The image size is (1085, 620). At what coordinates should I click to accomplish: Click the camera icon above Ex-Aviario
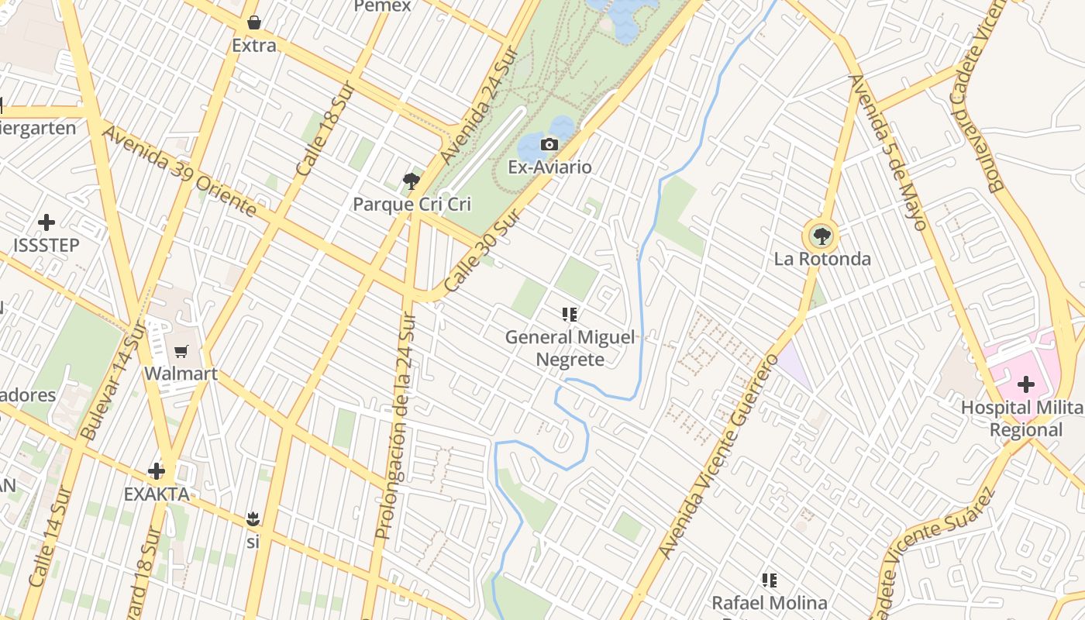click(549, 144)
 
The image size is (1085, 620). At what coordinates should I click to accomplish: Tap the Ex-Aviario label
click(549, 167)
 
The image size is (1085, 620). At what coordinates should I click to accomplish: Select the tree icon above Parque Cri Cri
click(412, 182)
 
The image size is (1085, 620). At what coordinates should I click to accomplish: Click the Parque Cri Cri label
click(412, 205)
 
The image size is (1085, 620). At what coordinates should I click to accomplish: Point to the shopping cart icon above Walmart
click(181, 352)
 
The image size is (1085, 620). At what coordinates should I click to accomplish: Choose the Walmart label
click(181, 374)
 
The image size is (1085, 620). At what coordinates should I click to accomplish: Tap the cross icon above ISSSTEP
click(46, 222)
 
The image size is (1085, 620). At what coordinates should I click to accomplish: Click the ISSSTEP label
click(46, 246)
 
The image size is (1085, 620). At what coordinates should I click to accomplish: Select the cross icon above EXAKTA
click(157, 470)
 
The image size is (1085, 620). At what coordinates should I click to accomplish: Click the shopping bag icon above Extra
click(253, 22)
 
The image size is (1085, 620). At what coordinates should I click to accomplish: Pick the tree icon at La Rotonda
click(821, 236)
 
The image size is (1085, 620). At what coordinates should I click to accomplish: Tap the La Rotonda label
click(822, 259)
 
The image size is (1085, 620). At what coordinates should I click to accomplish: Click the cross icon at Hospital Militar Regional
click(1026, 384)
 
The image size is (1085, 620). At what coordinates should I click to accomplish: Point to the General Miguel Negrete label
click(570, 348)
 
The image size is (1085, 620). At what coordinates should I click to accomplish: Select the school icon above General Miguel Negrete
click(570, 314)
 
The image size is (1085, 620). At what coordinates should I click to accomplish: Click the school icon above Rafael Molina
click(770, 580)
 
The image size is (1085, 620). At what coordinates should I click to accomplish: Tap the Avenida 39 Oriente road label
click(179, 172)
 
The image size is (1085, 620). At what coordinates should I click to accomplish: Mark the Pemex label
click(382, 6)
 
